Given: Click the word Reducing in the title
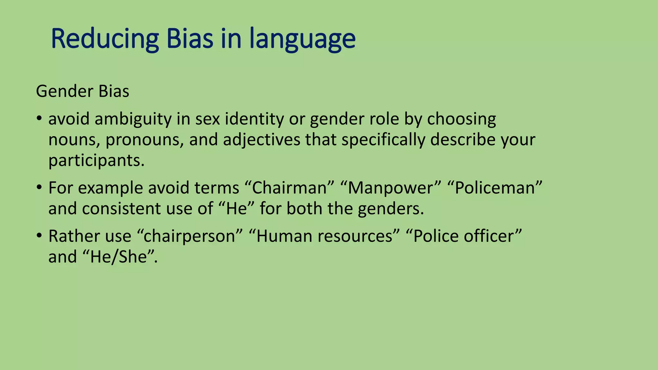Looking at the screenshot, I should (105, 39).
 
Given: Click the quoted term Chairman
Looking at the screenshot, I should (289, 188).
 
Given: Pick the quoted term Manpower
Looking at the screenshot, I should (390, 188).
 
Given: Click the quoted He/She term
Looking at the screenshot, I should (119, 257).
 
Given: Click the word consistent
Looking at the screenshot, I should (122, 209).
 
